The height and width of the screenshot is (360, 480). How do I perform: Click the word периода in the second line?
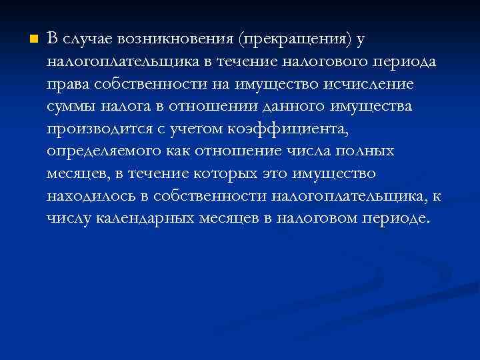409,62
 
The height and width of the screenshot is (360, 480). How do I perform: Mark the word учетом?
200,129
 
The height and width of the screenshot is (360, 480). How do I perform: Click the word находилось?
91,196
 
